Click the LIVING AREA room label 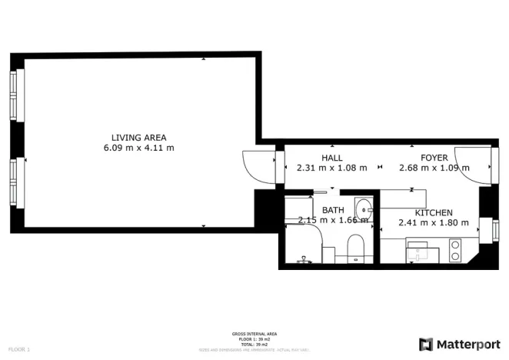(x=138, y=138)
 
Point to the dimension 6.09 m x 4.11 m (x=138, y=148)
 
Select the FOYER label (x=434, y=158)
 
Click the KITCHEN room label (x=434, y=213)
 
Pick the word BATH (x=333, y=210)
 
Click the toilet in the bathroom (x=355, y=248)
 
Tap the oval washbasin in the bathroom (x=362, y=208)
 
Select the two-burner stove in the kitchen (x=454, y=251)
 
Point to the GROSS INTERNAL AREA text (x=254, y=334)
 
